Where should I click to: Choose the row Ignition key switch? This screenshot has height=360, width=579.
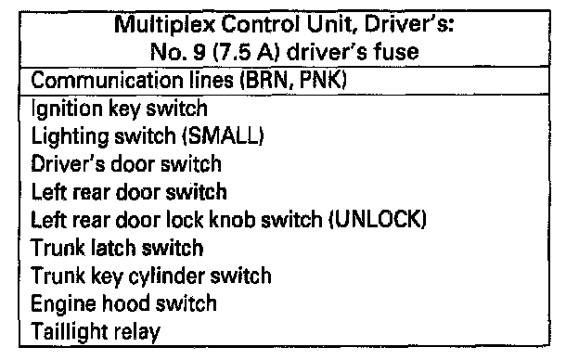coord(120,109)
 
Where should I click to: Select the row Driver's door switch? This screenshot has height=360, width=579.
coord(126,164)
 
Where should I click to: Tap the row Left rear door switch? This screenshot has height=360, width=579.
coord(129,192)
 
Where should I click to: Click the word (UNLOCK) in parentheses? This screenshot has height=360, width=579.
coord(378,219)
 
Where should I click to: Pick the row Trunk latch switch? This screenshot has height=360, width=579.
coord(117,248)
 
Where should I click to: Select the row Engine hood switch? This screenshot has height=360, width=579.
coord(123,304)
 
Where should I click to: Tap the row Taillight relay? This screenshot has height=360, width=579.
coord(96,332)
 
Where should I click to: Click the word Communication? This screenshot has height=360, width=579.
coord(107,80)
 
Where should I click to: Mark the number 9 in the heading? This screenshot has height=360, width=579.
coord(199,53)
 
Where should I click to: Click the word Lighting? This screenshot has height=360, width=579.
coord(70,136)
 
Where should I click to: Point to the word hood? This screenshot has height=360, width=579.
coord(125,303)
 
